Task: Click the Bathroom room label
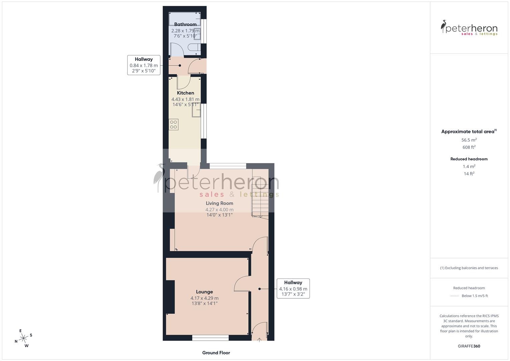pos(185,24)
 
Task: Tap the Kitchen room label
pos(185,93)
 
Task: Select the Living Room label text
pos(219,203)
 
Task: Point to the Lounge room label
pos(204,292)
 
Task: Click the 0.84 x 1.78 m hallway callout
pos(144,65)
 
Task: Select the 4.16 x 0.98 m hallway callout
pos(293,288)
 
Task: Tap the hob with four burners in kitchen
pos(174,125)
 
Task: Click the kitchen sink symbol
pos(196,110)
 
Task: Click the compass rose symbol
pos(23,338)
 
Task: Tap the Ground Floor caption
pos(216,353)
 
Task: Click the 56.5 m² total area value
pos(469,140)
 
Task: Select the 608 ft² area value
pos(469,147)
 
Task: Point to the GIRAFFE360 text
pos(469,346)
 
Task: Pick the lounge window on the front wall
pos(210,338)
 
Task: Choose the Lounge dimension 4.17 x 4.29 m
pos(204,298)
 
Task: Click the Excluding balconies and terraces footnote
pos(469,268)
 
